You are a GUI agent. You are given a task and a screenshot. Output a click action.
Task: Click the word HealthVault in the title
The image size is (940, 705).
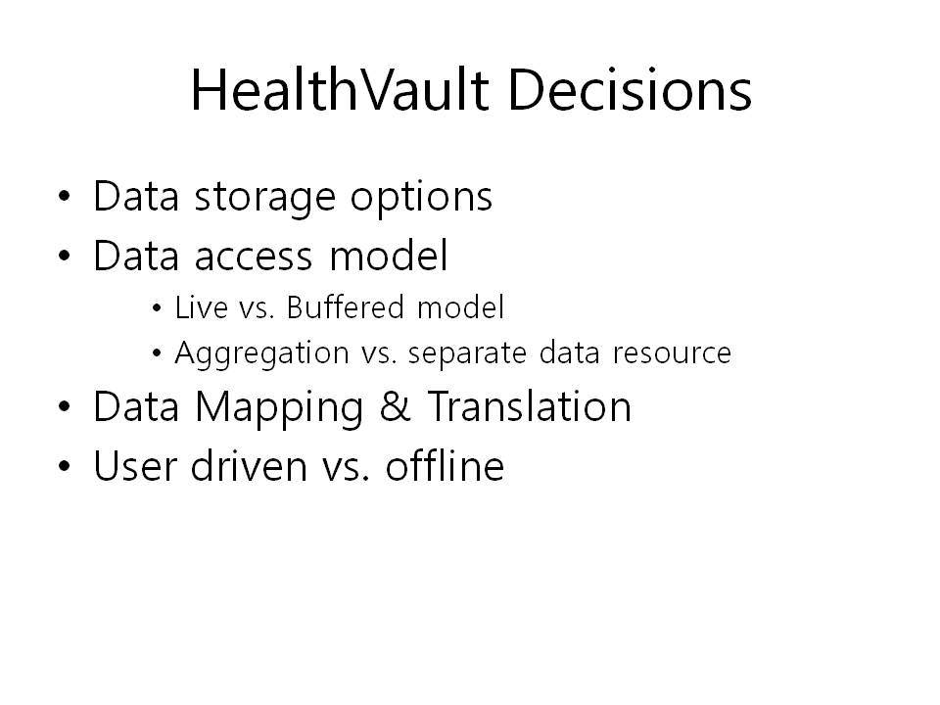340,90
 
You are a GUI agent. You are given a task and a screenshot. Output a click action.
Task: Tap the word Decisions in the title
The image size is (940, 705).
630,90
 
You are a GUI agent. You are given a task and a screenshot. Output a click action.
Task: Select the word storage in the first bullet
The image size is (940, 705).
265,198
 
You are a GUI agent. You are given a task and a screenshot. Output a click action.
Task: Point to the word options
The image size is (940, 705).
421,198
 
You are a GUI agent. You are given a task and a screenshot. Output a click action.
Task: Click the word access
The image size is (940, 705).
254,257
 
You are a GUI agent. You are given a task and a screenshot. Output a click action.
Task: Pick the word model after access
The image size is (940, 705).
389,255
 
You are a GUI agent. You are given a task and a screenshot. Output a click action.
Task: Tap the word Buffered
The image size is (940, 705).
346,306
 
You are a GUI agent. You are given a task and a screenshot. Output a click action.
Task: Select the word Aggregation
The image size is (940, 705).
261,353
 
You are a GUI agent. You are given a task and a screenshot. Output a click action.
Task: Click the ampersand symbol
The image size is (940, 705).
395,405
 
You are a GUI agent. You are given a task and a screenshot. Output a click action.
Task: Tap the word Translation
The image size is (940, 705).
530,405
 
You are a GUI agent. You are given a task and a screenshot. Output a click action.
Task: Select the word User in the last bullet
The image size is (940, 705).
134,466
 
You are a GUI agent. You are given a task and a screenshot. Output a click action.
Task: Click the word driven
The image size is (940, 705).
249,465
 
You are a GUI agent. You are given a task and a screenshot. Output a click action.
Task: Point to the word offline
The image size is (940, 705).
445,465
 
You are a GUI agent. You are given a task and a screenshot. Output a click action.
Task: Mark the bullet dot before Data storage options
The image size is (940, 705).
65,196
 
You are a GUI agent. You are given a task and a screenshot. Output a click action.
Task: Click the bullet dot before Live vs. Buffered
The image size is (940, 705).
157,308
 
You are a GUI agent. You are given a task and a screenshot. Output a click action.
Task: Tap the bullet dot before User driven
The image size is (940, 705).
65,466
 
